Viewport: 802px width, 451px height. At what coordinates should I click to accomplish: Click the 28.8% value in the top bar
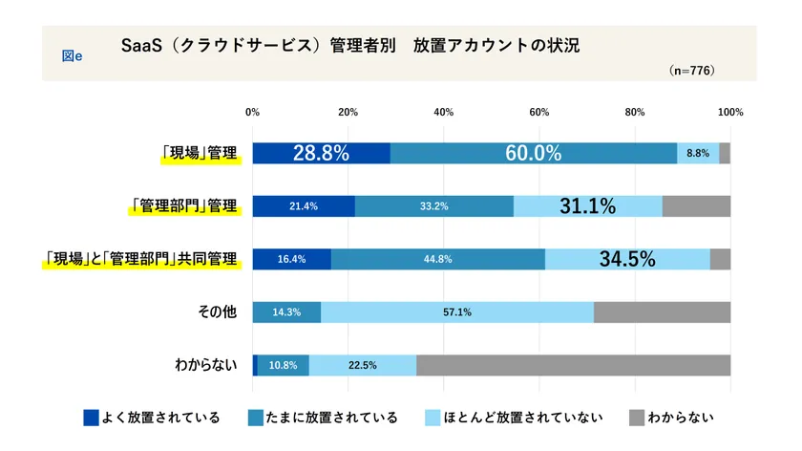coord(321,153)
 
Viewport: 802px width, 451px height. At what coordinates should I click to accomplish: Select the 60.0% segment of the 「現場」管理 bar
coord(534,153)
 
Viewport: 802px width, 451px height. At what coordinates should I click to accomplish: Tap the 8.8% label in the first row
coord(698,153)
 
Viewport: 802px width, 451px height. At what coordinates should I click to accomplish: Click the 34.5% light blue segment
coord(626,259)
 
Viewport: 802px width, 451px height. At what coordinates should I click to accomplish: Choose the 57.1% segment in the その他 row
coord(456,312)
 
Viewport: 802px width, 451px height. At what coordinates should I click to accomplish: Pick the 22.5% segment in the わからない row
coord(362,365)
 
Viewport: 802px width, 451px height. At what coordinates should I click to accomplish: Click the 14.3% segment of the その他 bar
coord(286,312)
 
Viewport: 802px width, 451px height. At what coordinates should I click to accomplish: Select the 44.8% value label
coord(437,259)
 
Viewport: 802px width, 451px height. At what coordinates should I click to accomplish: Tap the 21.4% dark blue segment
coord(303,206)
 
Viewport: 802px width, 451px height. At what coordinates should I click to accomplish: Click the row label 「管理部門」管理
coord(183,206)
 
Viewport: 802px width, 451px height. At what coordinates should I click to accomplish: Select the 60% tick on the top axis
coord(539,113)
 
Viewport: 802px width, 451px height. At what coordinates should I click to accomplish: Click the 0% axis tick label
coord(253,113)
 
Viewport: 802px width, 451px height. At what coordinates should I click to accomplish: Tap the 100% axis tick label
coord(730,113)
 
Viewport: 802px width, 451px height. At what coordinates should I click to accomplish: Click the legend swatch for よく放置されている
coord(91,418)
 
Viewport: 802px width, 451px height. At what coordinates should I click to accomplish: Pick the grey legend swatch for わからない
coord(637,418)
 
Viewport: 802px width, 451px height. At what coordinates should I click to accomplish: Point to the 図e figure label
coord(72,56)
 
